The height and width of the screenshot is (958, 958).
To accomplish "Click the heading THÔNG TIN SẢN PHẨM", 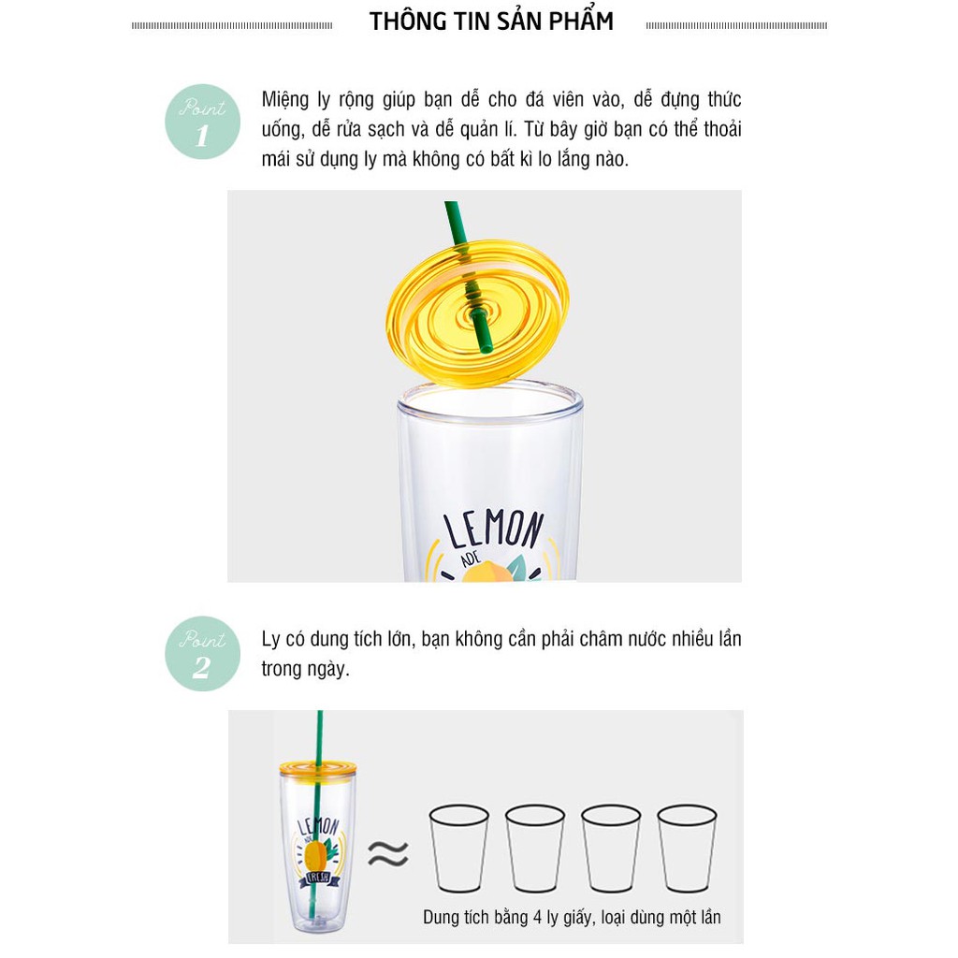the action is pyautogui.click(x=491, y=22).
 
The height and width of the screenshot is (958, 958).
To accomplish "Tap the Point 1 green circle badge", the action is pyautogui.click(x=202, y=122).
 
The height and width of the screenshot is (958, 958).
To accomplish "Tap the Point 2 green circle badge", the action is pyautogui.click(x=202, y=654).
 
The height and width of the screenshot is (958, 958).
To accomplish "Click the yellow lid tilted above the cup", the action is pyautogui.click(x=478, y=312).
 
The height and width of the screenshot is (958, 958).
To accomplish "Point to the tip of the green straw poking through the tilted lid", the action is pyautogui.click(x=486, y=350).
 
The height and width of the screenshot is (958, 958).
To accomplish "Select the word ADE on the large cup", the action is pyautogui.click(x=470, y=559).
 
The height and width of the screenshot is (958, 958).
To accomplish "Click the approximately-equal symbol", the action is pyautogui.click(x=388, y=853).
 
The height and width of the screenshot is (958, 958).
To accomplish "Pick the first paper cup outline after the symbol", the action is pyautogui.click(x=458, y=848).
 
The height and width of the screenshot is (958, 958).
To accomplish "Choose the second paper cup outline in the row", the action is pyautogui.click(x=534, y=848).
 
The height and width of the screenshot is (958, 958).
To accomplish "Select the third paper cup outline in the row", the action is pyautogui.click(x=610, y=848).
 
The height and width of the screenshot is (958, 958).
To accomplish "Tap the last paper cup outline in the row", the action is pyautogui.click(x=687, y=848).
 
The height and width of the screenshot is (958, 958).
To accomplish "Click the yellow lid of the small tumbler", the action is pyautogui.click(x=318, y=771).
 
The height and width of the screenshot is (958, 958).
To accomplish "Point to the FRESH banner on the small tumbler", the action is pyautogui.click(x=318, y=878).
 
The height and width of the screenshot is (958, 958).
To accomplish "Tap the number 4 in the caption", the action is pyautogui.click(x=537, y=918).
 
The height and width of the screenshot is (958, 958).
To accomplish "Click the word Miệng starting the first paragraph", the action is pyautogui.click(x=285, y=100).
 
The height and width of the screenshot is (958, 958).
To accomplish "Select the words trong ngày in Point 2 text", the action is pyautogui.click(x=306, y=669).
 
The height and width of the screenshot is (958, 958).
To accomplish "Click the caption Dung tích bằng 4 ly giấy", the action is pyautogui.click(x=505, y=918).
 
